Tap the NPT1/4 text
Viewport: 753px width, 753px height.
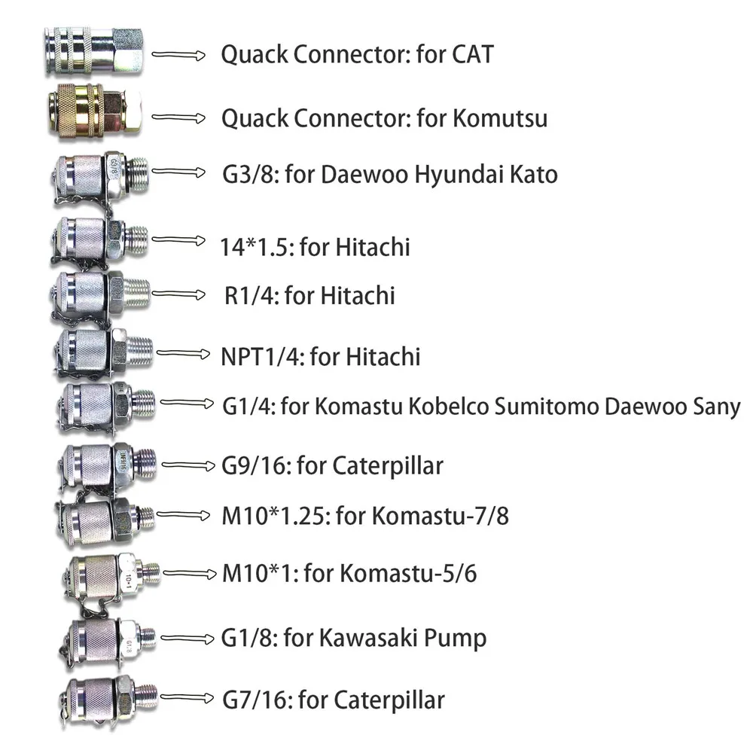261,355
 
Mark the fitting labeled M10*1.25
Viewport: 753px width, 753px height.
105,518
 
